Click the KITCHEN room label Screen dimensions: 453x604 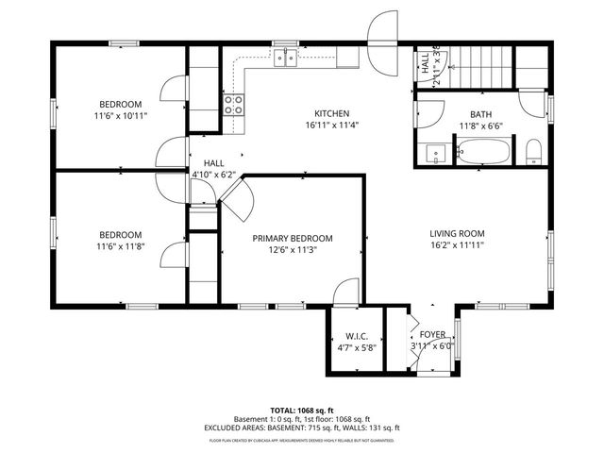(x=331, y=113)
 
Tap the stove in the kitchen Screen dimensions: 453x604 (x=233, y=105)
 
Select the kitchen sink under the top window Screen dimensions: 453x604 (x=286, y=59)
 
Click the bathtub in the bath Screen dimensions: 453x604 (x=484, y=151)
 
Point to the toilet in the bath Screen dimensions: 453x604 (x=533, y=151)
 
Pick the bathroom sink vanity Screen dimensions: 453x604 (x=436, y=152)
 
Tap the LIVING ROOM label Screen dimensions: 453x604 (x=457, y=233)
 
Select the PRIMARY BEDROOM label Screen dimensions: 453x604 (x=292, y=239)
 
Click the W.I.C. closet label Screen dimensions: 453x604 (x=356, y=336)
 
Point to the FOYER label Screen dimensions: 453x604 (x=432, y=334)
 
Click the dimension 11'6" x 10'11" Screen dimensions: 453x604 (x=121, y=116)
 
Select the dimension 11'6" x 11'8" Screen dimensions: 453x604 (x=121, y=247)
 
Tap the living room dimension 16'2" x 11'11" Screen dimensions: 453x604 (x=457, y=245)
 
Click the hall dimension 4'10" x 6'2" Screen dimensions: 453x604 (x=212, y=175)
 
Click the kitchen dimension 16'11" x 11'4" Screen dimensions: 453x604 (x=331, y=126)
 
